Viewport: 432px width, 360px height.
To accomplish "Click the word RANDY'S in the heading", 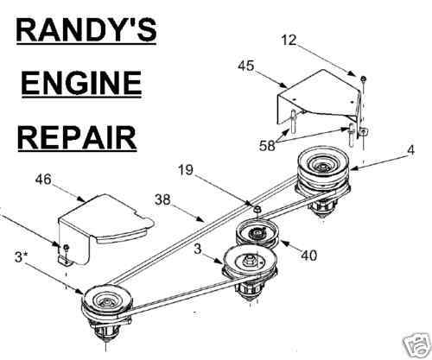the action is (86, 30).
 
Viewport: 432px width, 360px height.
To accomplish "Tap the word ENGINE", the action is (81, 83).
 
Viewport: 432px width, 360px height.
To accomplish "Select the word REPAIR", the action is (77, 136).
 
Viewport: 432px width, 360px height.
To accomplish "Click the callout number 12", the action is (289, 40).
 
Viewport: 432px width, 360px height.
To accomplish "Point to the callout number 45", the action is (246, 66).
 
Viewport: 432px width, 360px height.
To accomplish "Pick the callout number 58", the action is (267, 145).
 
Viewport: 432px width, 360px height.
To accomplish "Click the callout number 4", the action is (410, 150).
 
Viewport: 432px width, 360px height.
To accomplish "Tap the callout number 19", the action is (185, 170).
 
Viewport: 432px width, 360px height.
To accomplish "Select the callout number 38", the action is (162, 199).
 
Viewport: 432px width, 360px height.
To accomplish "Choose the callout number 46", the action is (43, 180).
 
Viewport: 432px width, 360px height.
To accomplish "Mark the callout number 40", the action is (308, 255).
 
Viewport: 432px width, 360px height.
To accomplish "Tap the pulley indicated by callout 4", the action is (324, 173).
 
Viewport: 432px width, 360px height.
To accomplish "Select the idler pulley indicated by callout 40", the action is (257, 235).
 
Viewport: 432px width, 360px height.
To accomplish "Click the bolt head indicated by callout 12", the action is (364, 78).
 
